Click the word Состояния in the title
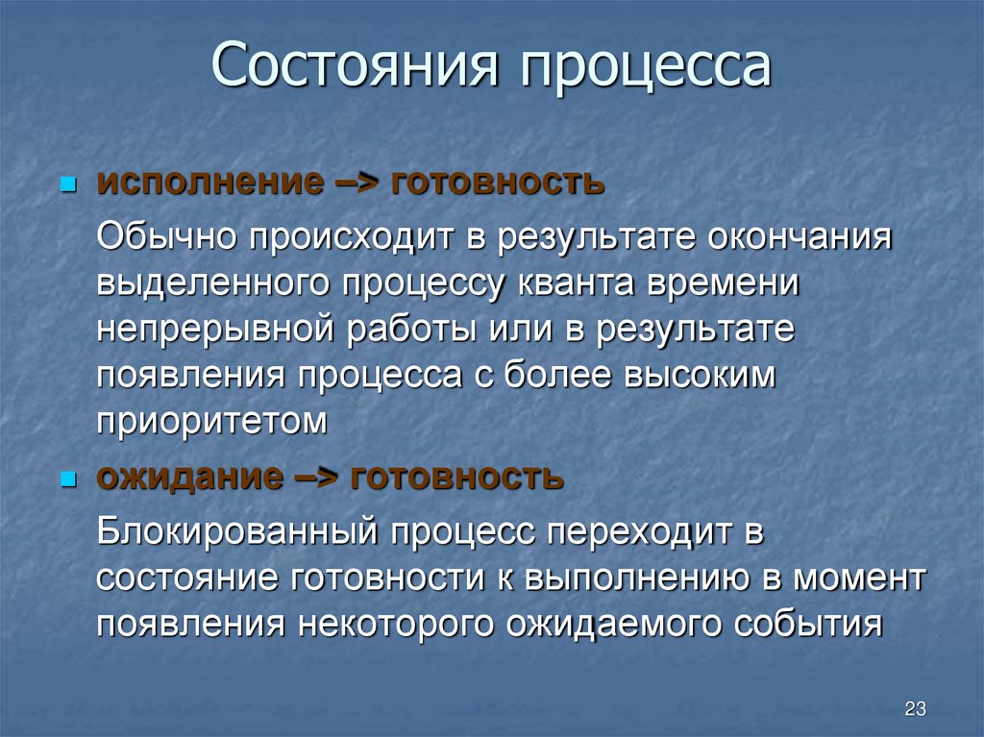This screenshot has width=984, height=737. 355,68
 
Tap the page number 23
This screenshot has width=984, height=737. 914,709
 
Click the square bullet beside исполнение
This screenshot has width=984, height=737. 67,183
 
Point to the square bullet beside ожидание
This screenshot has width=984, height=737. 67,478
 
